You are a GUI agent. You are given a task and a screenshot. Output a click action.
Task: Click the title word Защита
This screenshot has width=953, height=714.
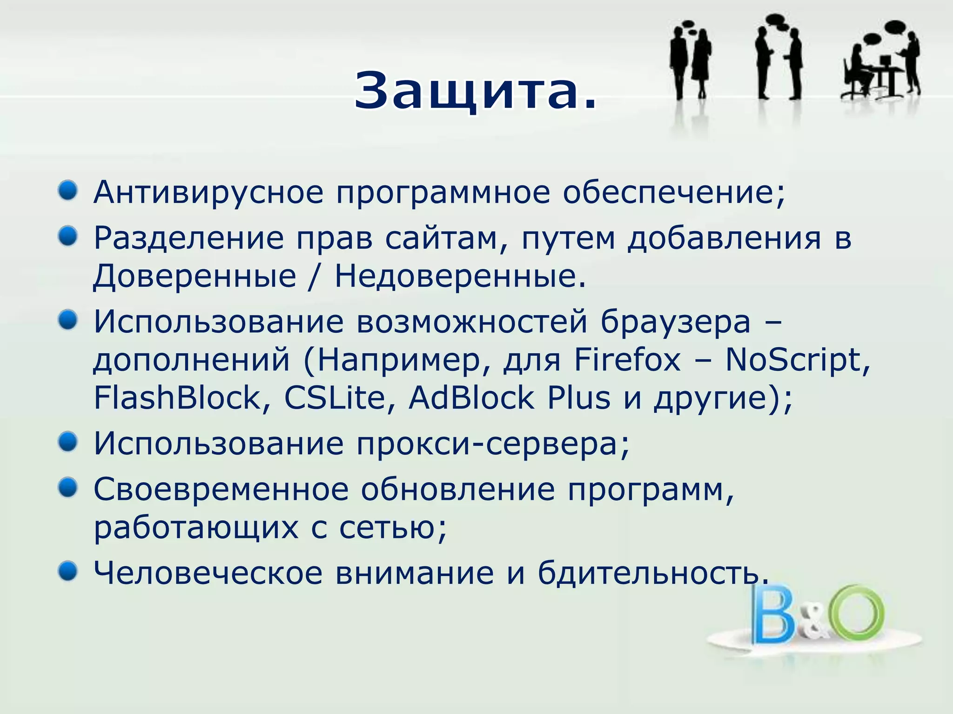coord(475,91)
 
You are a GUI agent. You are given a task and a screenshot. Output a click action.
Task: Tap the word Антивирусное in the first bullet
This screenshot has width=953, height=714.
coord(208,192)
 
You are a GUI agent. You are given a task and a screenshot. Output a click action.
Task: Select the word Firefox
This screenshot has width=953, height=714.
coord(627,360)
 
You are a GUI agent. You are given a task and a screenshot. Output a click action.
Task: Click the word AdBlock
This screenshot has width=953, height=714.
coord(471,398)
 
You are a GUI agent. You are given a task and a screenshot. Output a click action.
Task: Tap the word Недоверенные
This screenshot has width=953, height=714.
coord(460,276)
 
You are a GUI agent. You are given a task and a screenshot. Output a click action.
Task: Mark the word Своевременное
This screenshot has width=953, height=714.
coord(221,489)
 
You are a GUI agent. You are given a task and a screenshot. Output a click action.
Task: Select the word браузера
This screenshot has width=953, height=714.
coord(675,322)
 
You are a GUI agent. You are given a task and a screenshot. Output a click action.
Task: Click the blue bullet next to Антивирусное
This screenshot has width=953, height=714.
coord(68,191)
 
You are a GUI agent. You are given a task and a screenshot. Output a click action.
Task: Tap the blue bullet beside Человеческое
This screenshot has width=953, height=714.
coord(68,571)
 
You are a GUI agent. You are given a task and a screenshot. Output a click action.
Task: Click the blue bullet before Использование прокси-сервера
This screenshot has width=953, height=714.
coord(68,442)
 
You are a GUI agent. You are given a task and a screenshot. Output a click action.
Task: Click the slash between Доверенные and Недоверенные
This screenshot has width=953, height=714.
coord(315,276)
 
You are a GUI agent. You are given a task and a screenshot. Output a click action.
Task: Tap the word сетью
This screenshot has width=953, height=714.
coord(392,528)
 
